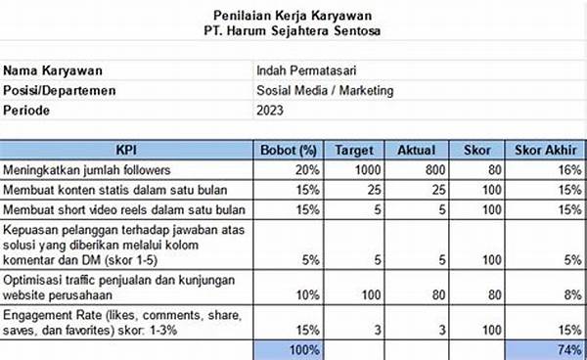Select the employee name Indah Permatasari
click(x=305, y=71)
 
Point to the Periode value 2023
click(x=271, y=111)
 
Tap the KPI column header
click(x=126, y=151)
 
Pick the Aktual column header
click(x=416, y=151)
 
